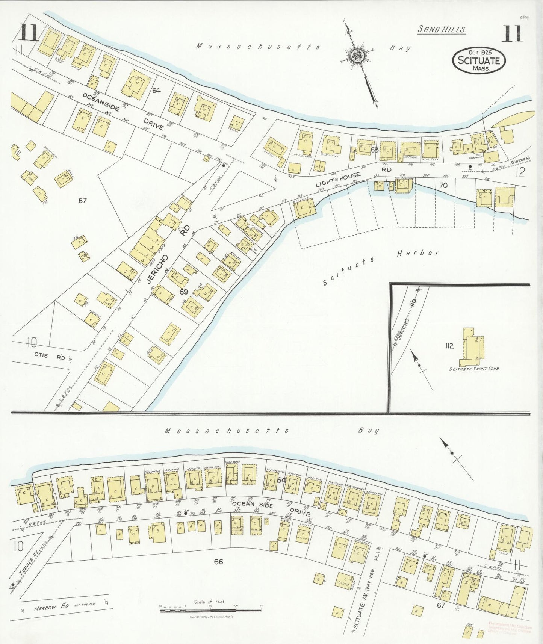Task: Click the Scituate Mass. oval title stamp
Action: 479,60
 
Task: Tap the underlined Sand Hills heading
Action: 442,30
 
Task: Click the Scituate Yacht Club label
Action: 474,369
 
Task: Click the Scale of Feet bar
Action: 210,611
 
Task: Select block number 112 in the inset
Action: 449,346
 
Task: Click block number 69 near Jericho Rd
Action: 183,292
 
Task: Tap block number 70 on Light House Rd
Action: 443,185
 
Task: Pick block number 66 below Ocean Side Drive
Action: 218,561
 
